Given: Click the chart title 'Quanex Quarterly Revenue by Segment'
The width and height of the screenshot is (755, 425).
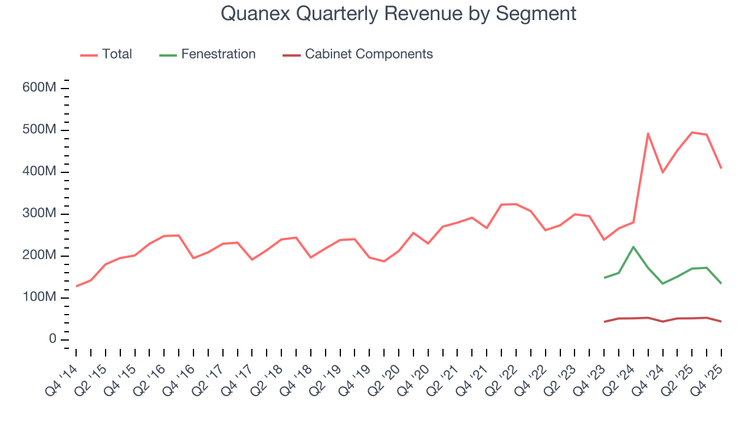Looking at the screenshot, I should click(x=398, y=13).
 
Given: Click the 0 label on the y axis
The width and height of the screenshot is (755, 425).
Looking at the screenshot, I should click(x=52, y=339).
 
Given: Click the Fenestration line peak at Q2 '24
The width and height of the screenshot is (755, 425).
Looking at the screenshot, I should click(x=633, y=247).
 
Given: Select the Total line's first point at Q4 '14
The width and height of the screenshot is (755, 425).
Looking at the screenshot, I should click(x=76, y=286).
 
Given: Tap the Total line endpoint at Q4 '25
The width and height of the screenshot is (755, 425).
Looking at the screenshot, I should click(x=721, y=168).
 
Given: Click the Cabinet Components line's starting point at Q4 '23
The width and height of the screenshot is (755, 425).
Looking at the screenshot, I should click(x=604, y=322).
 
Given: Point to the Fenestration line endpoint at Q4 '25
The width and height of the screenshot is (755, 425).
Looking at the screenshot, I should click(x=721, y=283).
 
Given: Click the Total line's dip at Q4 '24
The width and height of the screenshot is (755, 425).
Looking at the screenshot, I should click(x=663, y=172).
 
